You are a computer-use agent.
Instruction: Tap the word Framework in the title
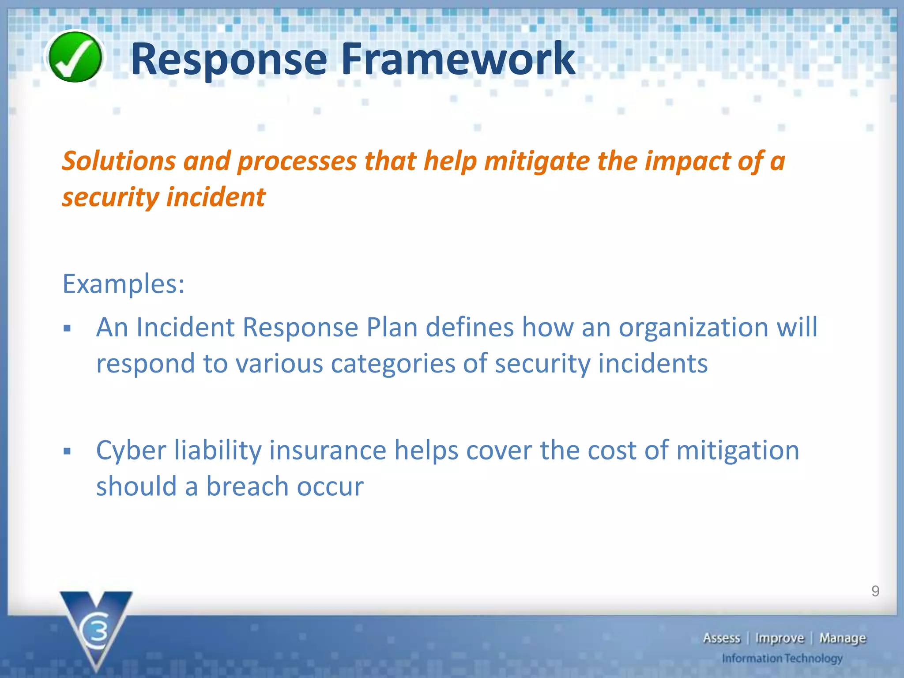[x=458, y=59]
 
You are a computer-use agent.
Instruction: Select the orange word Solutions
[x=118, y=161]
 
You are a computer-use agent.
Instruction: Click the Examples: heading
[x=123, y=284]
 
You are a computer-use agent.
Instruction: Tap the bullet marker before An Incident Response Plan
[x=67, y=328]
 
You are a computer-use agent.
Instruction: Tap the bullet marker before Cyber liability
[x=67, y=452]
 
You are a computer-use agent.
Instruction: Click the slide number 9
[x=875, y=591]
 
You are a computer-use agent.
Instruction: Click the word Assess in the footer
[x=721, y=638]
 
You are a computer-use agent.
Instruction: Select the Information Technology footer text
[x=782, y=659]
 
